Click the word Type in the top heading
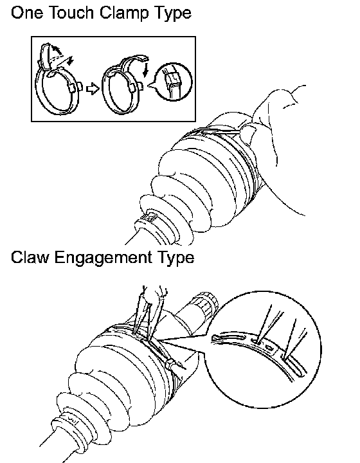coord(172,14)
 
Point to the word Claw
coord(30,257)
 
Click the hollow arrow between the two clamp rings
coord(93,89)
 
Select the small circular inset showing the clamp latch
coord(174,82)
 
